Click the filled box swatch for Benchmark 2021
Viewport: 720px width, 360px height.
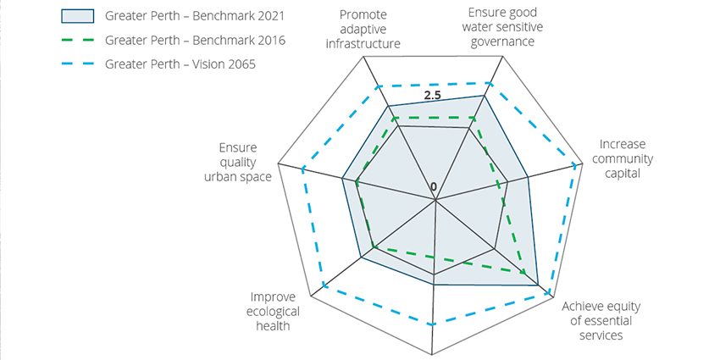pos(79,16)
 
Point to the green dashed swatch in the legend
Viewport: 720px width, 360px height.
pos(79,40)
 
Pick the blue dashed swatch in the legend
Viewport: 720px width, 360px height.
pos(79,64)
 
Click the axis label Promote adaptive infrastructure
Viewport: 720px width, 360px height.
pos(363,30)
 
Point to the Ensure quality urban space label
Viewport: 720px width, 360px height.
pos(238,162)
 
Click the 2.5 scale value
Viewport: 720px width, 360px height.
pos(433,96)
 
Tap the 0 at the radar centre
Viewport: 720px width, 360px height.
pos(434,186)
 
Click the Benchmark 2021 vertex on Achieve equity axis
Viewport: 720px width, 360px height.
pos(539,286)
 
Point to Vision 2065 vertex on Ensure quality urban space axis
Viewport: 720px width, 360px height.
pos(301,168)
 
